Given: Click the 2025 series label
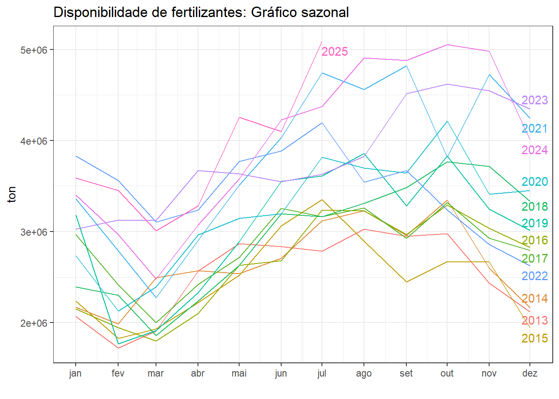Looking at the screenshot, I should [x=334, y=52].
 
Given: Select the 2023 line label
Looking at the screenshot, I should [x=534, y=100].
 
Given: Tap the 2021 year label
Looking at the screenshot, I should [x=534, y=128].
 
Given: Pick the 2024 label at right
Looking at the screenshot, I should [x=534, y=150].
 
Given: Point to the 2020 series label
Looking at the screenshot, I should [x=534, y=182].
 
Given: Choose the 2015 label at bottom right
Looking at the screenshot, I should [x=534, y=338].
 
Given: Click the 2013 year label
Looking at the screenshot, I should [x=534, y=320].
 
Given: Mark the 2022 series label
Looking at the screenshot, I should [x=534, y=276].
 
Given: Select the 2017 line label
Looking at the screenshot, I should [x=534, y=259].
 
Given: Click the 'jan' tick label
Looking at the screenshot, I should [x=75, y=373].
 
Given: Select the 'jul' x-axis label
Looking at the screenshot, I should [x=322, y=373].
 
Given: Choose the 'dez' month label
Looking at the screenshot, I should [x=530, y=373].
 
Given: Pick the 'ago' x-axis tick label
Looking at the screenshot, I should [x=364, y=373].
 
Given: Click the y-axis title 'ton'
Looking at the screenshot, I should [x=12, y=195].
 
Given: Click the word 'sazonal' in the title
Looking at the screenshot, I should [x=324, y=12].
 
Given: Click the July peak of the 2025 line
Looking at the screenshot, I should [x=322, y=42].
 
